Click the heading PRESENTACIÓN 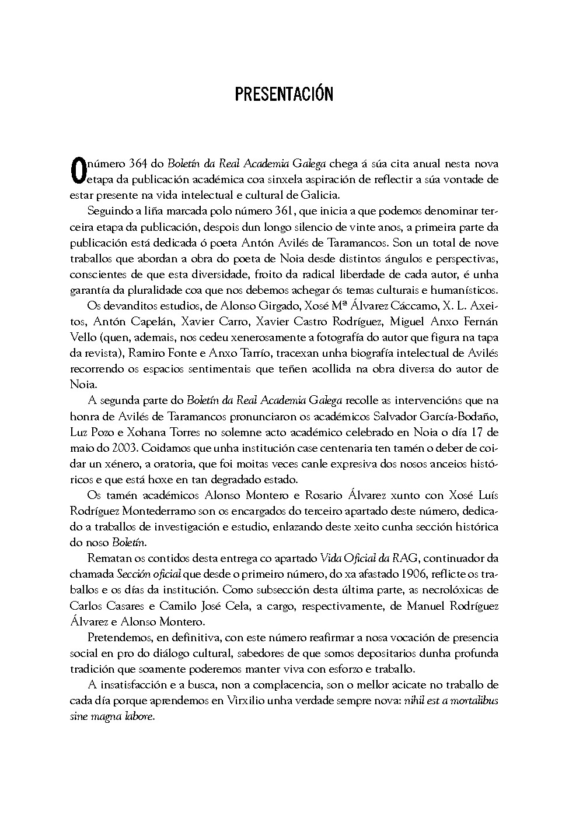tap(284, 95)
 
